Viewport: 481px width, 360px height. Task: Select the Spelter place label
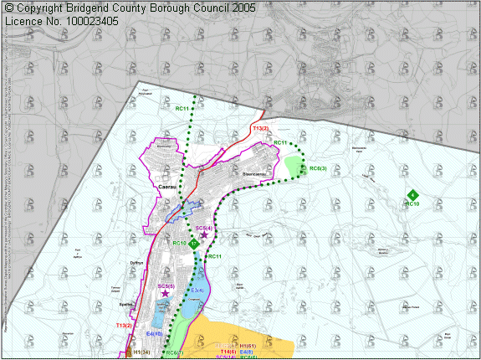127,306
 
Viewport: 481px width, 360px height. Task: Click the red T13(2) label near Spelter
124,324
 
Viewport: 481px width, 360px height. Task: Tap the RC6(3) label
318,168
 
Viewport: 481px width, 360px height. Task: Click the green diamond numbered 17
193,244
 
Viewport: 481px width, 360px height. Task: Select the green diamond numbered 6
412,194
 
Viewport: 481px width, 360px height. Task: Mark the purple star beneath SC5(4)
204,236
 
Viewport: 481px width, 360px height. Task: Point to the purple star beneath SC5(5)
165,294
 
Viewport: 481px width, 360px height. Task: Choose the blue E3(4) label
198,290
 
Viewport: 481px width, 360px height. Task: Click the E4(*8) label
154,333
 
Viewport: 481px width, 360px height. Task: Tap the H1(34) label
141,352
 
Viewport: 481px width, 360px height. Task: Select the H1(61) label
247,346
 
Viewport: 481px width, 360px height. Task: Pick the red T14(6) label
228,352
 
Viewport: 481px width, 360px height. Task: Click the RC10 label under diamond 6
412,203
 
